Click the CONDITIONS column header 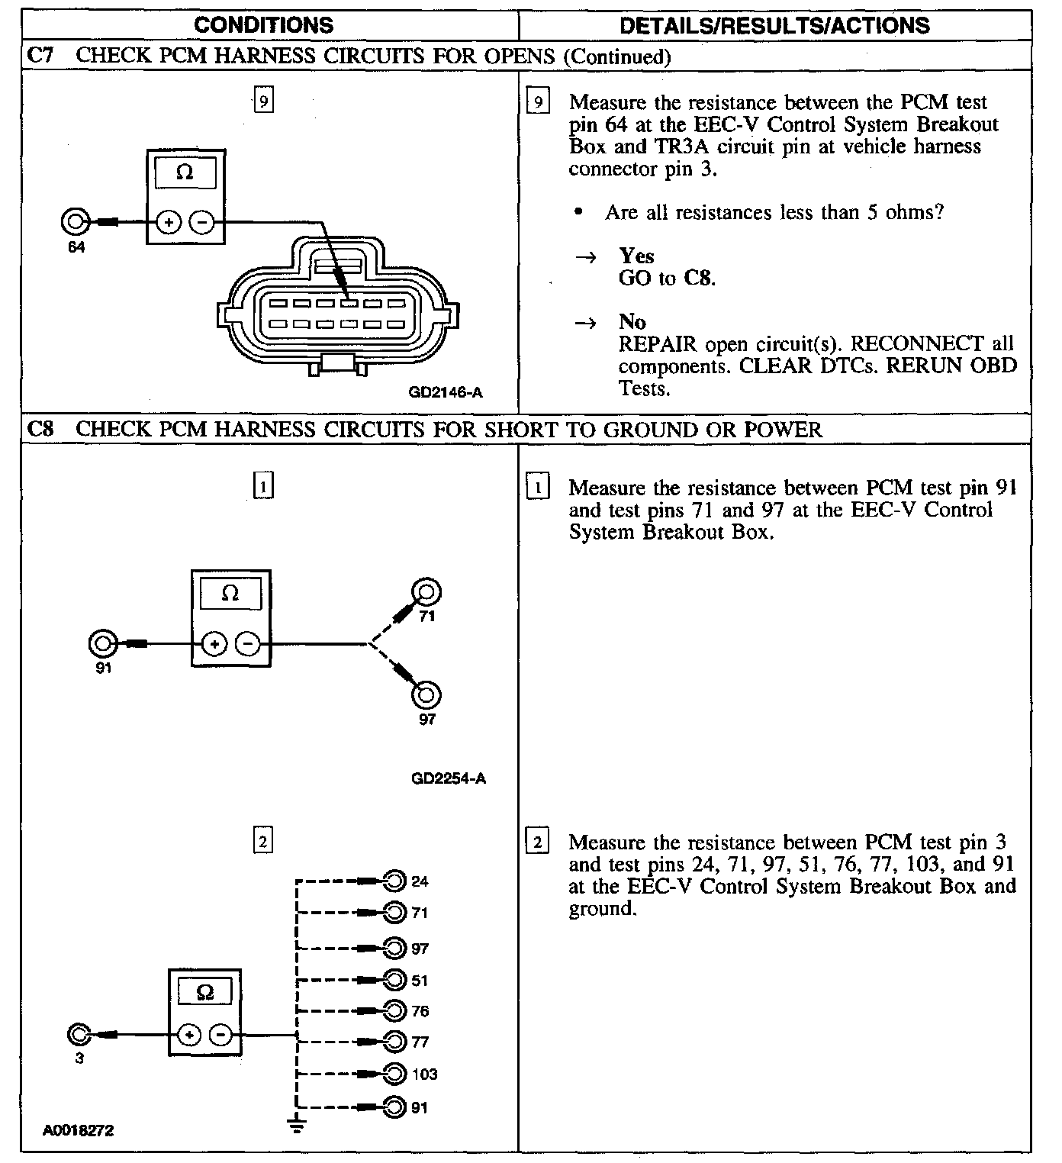tap(263, 25)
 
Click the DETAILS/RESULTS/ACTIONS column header tap(774, 25)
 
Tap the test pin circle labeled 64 tap(75, 223)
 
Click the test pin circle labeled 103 tap(394, 1074)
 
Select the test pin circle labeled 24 tap(394, 881)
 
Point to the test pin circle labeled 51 tap(394, 980)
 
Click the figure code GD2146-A tap(446, 393)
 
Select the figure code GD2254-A tap(448, 779)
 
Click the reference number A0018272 tap(79, 1131)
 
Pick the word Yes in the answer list tap(636, 256)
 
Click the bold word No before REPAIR tap(632, 321)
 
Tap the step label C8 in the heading tap(40, 429)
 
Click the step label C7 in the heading tap(40, 56)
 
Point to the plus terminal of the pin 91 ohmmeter tap(214, 645)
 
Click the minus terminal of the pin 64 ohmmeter tap(201, 223)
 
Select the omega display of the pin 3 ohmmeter tap(204, 992)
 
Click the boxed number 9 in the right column tap(538, 101)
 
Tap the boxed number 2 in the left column tap(262, 841)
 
